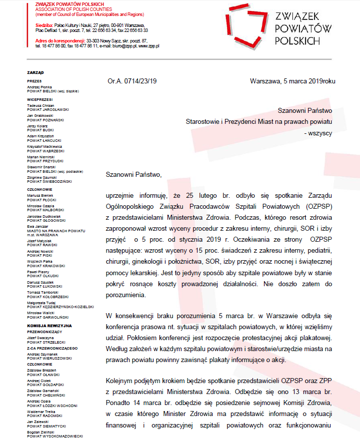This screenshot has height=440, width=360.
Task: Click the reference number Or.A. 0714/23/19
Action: tap(132, 81)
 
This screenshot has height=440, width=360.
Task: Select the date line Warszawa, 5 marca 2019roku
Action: tap(292, 81)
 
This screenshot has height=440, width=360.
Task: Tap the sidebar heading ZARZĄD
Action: tap(35, 72)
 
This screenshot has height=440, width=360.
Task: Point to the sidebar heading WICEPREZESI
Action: tap(40, 99)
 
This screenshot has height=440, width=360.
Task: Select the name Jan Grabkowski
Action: tap(41, 115)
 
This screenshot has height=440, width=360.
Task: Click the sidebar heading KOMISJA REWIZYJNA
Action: tap(49, 325)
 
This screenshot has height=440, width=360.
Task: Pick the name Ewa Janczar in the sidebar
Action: tap(38, 226)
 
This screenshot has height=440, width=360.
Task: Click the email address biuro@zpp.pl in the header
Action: tap(125, 45)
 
